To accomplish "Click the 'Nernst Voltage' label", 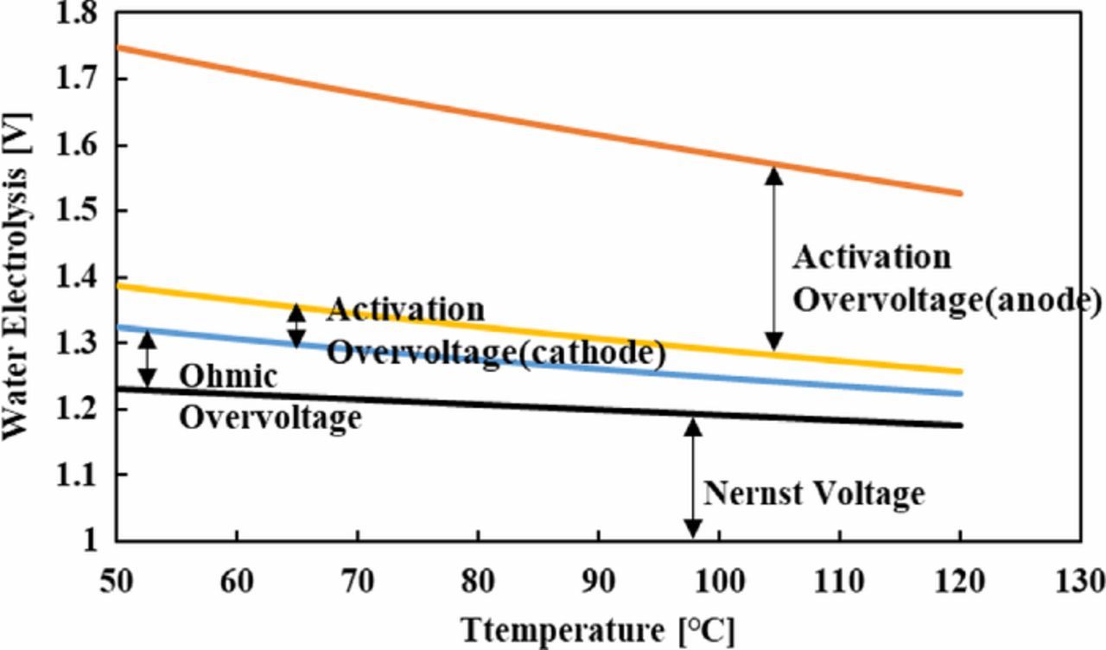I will (x=813, y=494).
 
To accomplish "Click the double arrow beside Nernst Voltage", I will (x=692, y=478).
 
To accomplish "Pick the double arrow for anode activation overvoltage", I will (x=774, y=258).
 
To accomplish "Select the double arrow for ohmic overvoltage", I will (x=148, y=359).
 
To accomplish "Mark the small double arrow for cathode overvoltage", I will (x=296, y=326).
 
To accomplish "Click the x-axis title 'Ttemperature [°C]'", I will (x=597, y=630).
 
